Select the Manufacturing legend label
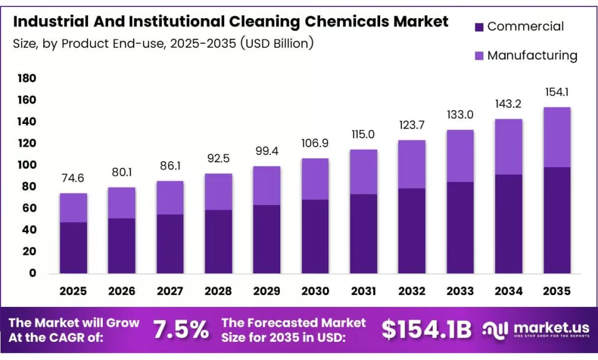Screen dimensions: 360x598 click(x=532, y=56)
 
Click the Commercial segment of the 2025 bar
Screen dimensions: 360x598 click(x=74, y=247)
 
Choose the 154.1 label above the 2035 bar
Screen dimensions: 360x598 click(x=557, y=92)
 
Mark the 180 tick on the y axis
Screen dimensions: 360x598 click(x=27, y=79)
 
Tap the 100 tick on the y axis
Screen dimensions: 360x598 click(x=27, y=165)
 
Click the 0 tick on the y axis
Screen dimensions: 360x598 click(x=33, y=273)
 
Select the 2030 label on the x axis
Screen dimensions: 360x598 click(x=315, y=291)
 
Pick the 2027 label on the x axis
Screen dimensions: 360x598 click(x=170, y=291)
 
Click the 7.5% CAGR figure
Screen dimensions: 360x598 click(x=181, y=330)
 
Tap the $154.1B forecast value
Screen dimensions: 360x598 click(x=426, y=330)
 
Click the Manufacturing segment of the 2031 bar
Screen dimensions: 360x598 click(x=363, y=172)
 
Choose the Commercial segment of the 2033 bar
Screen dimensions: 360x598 click(x=460, y=227)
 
